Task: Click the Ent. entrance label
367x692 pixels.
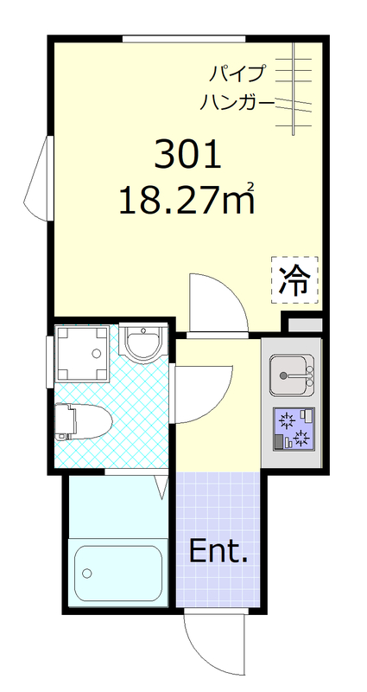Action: (x=218, y=551)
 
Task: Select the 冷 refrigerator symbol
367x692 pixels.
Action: (x=295, y=280)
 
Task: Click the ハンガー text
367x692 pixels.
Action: (x=237, y=103)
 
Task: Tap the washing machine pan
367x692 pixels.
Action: (x=82, y=354)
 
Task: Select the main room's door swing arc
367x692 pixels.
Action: (x=216, y=300)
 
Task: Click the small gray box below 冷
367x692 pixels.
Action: (x=304, y=324)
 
